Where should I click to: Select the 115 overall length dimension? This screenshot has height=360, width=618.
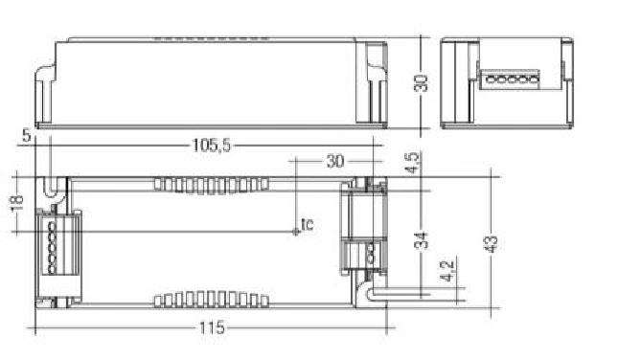pos(212,327)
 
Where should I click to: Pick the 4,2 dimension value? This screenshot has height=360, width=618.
pos(444,272)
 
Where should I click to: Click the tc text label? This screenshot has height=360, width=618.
pos(307,224)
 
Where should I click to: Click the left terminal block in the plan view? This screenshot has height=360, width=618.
pos(52,243)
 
